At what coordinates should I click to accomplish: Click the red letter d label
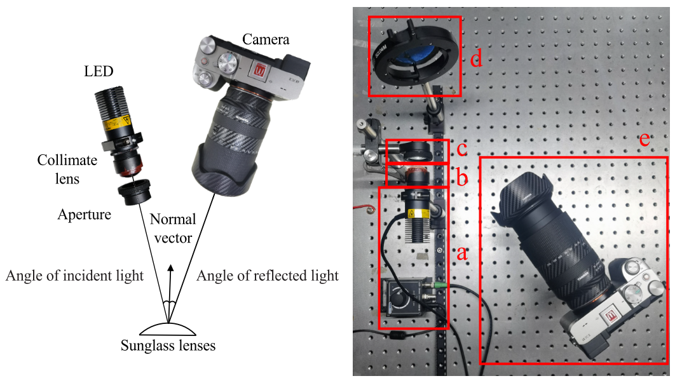tap(476, 60)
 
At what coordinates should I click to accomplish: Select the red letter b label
tap(462, 178)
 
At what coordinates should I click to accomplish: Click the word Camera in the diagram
tap(266, 39)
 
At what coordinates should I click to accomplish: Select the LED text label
tap(99, 71)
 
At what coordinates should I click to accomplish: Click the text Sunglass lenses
tap(168, 346)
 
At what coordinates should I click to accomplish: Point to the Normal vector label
tap(172, 229)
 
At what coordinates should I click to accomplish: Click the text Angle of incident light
tap(75, 276)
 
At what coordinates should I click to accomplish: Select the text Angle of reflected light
tap(268, 276)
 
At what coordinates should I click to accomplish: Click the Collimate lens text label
tap(67, 169)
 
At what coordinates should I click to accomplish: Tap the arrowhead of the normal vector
tap(170, 269)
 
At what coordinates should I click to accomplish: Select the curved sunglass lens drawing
tap(168, 328)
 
